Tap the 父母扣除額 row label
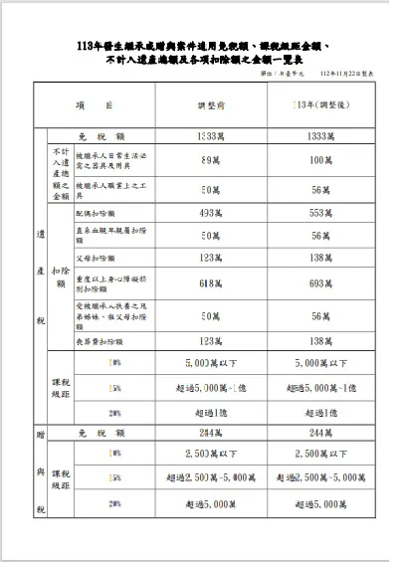[x=96, y=258]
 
